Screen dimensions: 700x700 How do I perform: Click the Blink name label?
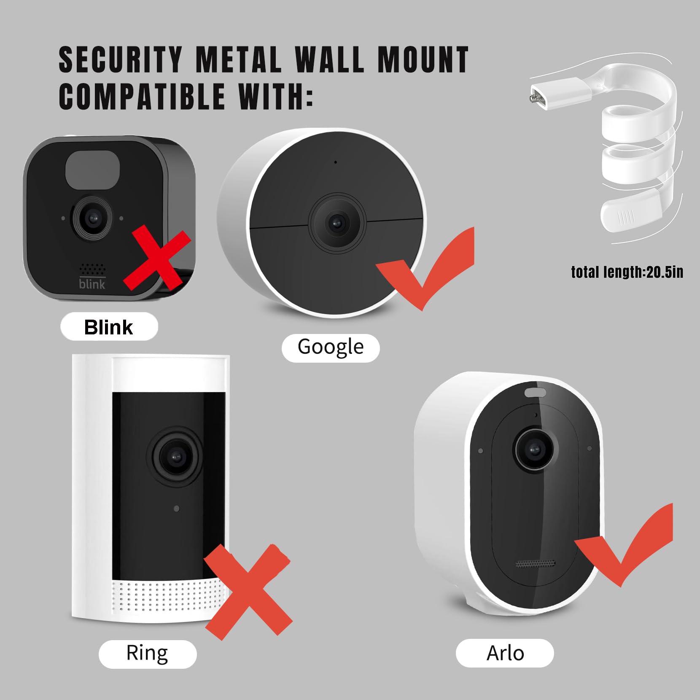[x=109, y=327]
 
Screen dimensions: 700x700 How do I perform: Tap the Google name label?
[x=331, y=347]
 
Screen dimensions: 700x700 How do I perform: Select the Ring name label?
[x=147, y=653]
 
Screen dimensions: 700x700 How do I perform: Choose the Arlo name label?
[x=505, y=653]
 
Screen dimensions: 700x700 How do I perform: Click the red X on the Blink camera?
[x=157, y=258]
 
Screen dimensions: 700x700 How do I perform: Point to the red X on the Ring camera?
[x=249, y=591]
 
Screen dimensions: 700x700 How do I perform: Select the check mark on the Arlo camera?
[x=624, y=548]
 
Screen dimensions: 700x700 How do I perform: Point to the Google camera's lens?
[x=336, y=222]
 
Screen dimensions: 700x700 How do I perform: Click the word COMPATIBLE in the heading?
[x=142, y=96]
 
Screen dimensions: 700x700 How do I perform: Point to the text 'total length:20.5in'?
[x=627, y=272]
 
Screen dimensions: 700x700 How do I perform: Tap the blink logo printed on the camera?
[x=92, y=284]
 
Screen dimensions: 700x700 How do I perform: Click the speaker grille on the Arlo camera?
[x=536, y=564]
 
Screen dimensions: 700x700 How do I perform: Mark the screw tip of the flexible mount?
[x=530, y=98]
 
